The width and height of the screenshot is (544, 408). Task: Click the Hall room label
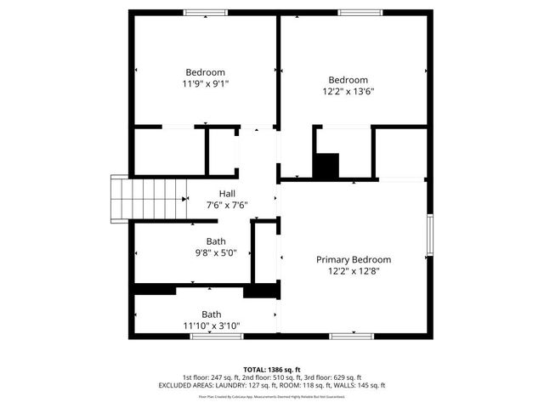pos(227,193)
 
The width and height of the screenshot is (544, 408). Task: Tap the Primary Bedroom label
pos(354,259)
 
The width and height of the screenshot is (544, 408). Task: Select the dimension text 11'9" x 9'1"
pos(205,84)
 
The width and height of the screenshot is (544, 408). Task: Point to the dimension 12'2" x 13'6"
pos(348,91)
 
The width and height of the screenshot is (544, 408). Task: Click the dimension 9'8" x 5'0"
pos(216,252)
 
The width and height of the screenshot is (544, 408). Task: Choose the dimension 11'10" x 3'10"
pos(211,326)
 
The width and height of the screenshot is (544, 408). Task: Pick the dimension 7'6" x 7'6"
pos(227,205)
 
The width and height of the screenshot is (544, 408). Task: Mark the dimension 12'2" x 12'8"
pos(354,271)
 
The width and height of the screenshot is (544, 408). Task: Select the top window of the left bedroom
pos(207,12)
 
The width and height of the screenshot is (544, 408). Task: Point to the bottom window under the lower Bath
pos(212,337)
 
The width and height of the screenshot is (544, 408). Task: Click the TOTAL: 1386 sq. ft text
pos(272,369)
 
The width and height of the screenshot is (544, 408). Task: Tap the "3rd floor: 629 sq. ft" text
pos(334,377)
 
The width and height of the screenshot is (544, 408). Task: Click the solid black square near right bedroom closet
pos(326,165)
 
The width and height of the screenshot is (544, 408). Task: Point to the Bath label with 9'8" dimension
pos(216,241)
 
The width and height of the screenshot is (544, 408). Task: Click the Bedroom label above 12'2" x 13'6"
pos(348,79)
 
